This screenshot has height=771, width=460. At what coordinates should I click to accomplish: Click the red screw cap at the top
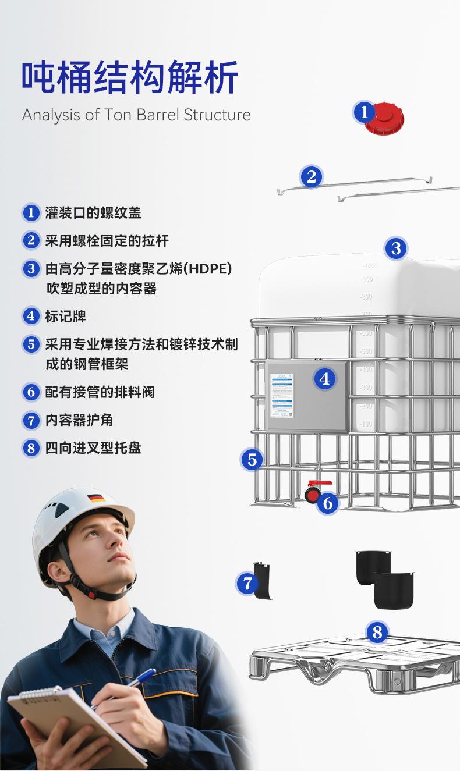coord(386,119)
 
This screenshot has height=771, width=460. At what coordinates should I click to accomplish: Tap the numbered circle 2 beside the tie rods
coord(312,176)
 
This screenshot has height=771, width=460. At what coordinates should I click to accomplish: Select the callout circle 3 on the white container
coord(396,248)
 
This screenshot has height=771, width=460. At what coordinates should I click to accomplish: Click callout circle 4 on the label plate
coord(324,379)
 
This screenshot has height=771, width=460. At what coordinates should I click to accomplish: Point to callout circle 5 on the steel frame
coord(252,460)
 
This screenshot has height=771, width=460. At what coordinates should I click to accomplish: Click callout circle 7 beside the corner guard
coord(247,583)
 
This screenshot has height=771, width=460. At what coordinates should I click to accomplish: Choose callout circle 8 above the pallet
coord(377,632)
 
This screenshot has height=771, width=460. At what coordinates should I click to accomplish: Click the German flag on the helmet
coord(96,498)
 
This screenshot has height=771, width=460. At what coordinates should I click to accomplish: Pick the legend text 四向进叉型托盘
coord(93,448)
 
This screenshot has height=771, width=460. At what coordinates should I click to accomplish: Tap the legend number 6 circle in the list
coord(31,392)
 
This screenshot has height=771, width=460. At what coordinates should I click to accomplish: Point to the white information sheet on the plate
coord(282,396)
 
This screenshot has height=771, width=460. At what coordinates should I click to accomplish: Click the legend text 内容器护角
coord(79,420)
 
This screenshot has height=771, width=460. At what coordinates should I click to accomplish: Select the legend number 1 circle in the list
coord(31,213)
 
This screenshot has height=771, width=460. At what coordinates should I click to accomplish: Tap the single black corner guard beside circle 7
coord(263,580)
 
